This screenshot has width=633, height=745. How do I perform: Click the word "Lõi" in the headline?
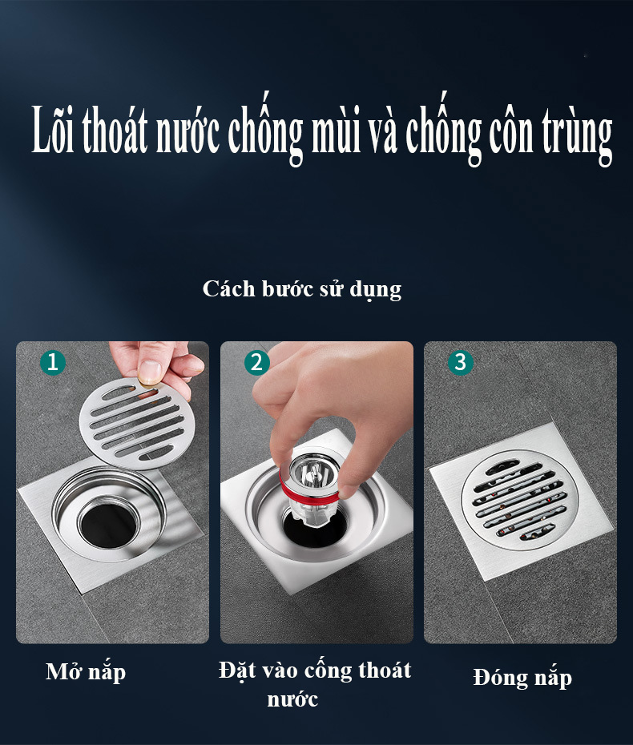pos(53,129)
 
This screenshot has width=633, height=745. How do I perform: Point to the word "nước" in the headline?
pos(187,132)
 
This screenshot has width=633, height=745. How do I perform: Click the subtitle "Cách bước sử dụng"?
pos(302,289)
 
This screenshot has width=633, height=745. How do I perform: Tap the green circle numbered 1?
pos(53,363)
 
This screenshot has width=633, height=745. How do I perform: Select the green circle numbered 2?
pos(256,363)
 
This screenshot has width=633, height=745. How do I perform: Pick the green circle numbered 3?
pos(461,363)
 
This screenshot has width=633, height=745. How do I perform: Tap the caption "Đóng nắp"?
pos(522,678)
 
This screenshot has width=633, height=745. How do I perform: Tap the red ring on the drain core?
pos(308,492)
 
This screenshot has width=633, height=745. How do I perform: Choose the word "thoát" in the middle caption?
pos(385,670)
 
